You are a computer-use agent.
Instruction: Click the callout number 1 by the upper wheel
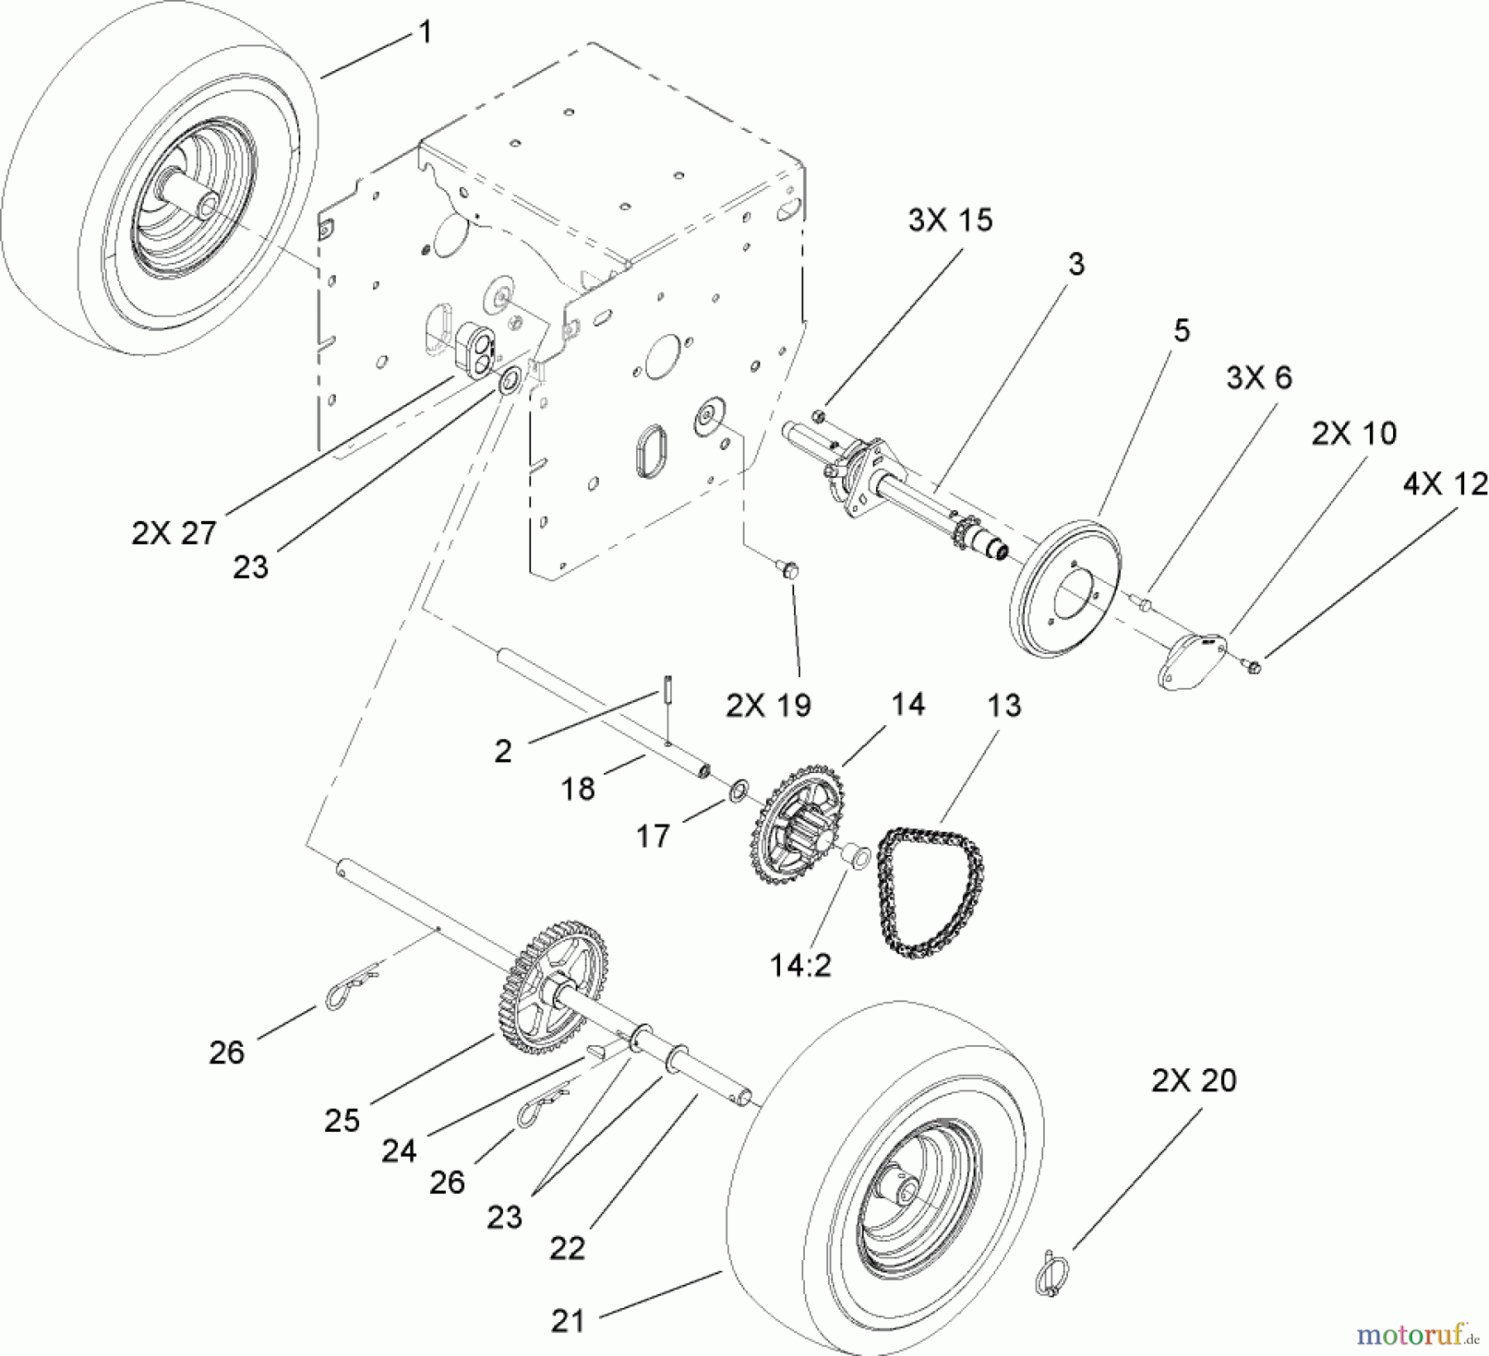(x=426, y=33)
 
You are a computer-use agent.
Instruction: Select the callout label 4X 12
(x=1444, y=484)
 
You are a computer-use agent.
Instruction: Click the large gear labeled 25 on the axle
(x=553, y=990)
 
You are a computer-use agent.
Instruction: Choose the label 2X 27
(x=174, y=533)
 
